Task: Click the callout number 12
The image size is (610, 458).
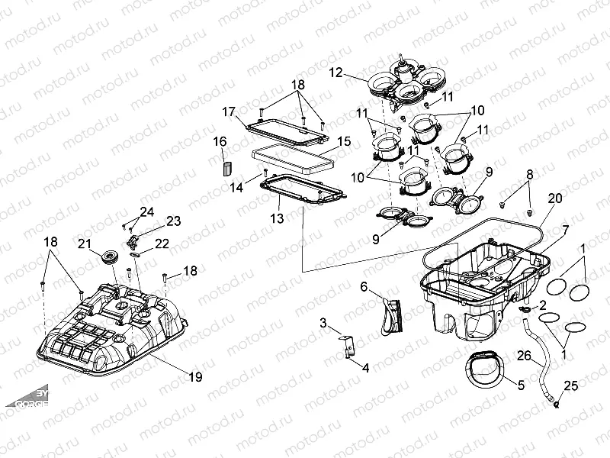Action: pyautogui.click(x=336, y=73)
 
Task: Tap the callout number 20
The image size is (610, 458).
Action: pyautogui.click(x=555, y=198)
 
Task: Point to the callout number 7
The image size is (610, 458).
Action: pyautogui.click(x=565, y=229)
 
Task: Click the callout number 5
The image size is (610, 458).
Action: pyautogui.click(x=521, y=385)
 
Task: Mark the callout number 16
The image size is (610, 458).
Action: pyautogui.click(x=220, y=141)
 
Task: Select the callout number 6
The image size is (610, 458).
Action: pyautogui.click(x=364, y=286)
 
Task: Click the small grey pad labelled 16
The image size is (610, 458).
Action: pyautogui.click(x=225, y=167)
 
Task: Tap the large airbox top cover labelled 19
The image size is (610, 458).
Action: pyautogui.click(x=114, y=328)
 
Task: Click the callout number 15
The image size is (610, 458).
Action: pyautogui.click(x=344, y=142)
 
